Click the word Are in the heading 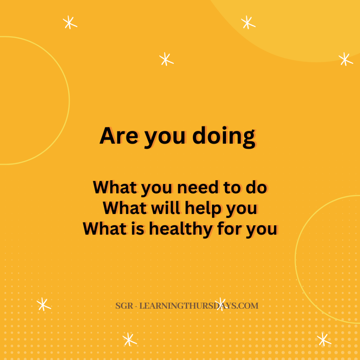point(119,136)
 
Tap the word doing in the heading point(224,137)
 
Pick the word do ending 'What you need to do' point(256,188)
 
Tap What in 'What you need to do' point(115,188)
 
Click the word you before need point(156,189)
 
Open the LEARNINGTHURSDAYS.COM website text point(199,306)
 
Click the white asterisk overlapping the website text point(220,304)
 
